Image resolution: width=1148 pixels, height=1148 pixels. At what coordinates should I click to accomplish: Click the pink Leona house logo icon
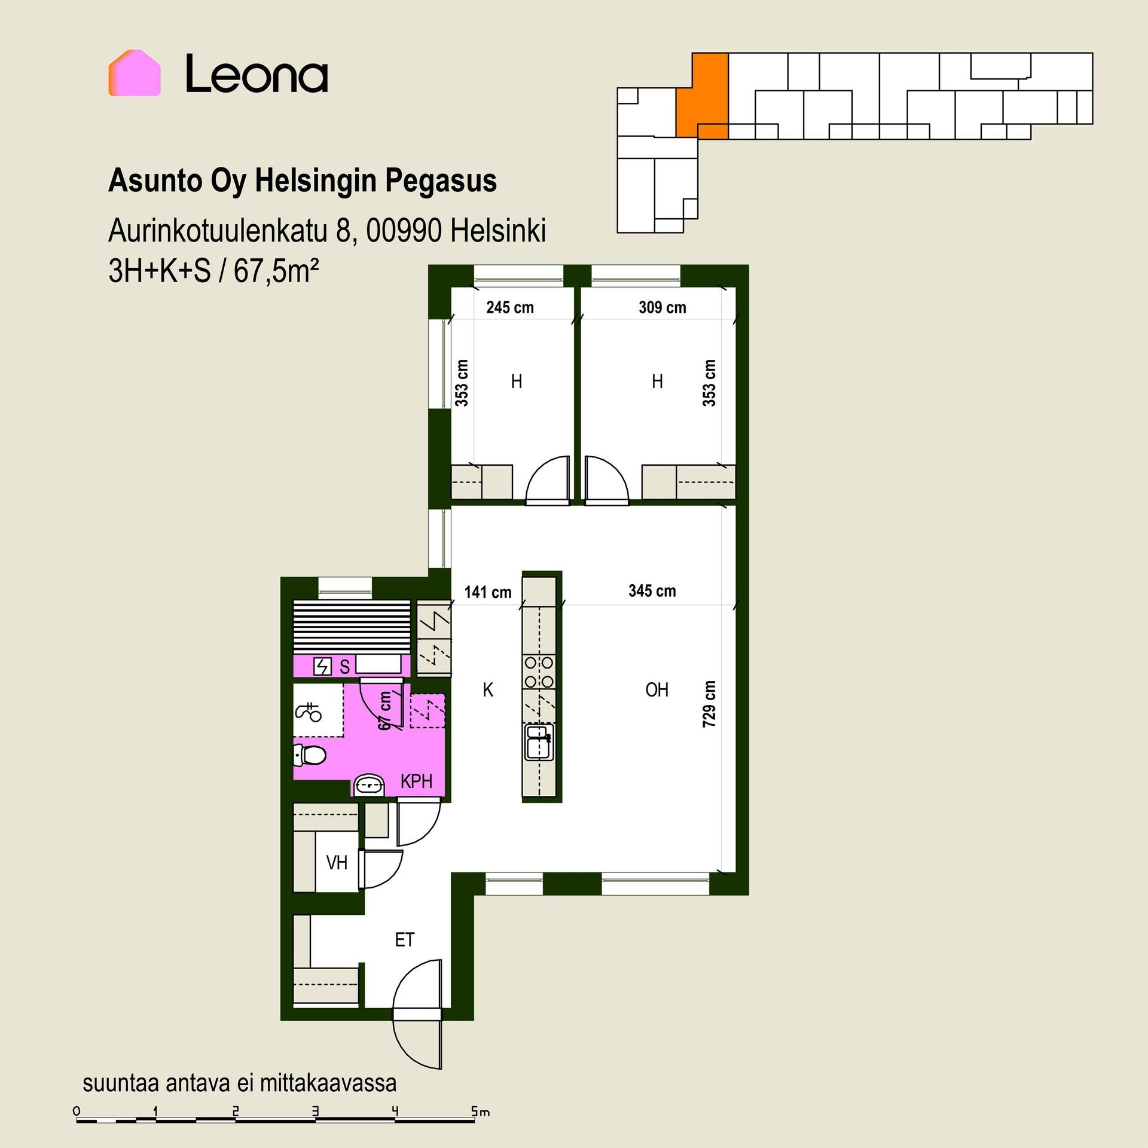(135, 73)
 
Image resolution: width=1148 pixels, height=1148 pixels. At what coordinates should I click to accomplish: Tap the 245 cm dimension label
(509, 307)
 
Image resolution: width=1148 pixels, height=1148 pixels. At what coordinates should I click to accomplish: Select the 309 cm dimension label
(662, 307)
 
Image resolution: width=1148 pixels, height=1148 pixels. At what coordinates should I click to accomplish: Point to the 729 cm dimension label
(709, 704)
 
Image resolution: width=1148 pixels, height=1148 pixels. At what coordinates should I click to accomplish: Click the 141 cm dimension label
(488, 592)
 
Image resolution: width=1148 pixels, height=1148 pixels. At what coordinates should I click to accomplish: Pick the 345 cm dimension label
(652, 591)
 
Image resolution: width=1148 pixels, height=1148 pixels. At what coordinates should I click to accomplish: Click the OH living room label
(657, 690)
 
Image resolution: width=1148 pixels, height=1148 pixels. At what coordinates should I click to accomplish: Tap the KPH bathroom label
(416, 781)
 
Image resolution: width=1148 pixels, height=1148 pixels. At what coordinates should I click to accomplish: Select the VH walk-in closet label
(337, 862)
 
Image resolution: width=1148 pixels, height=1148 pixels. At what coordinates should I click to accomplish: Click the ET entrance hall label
(404, 940)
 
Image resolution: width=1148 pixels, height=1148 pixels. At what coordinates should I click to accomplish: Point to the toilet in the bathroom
(310, 756)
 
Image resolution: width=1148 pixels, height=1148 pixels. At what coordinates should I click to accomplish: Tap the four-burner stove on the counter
(539, 671)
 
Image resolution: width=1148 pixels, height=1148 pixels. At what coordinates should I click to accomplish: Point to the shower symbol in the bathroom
(309, 712)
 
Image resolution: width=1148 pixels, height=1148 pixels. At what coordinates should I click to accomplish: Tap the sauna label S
(344, 667)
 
